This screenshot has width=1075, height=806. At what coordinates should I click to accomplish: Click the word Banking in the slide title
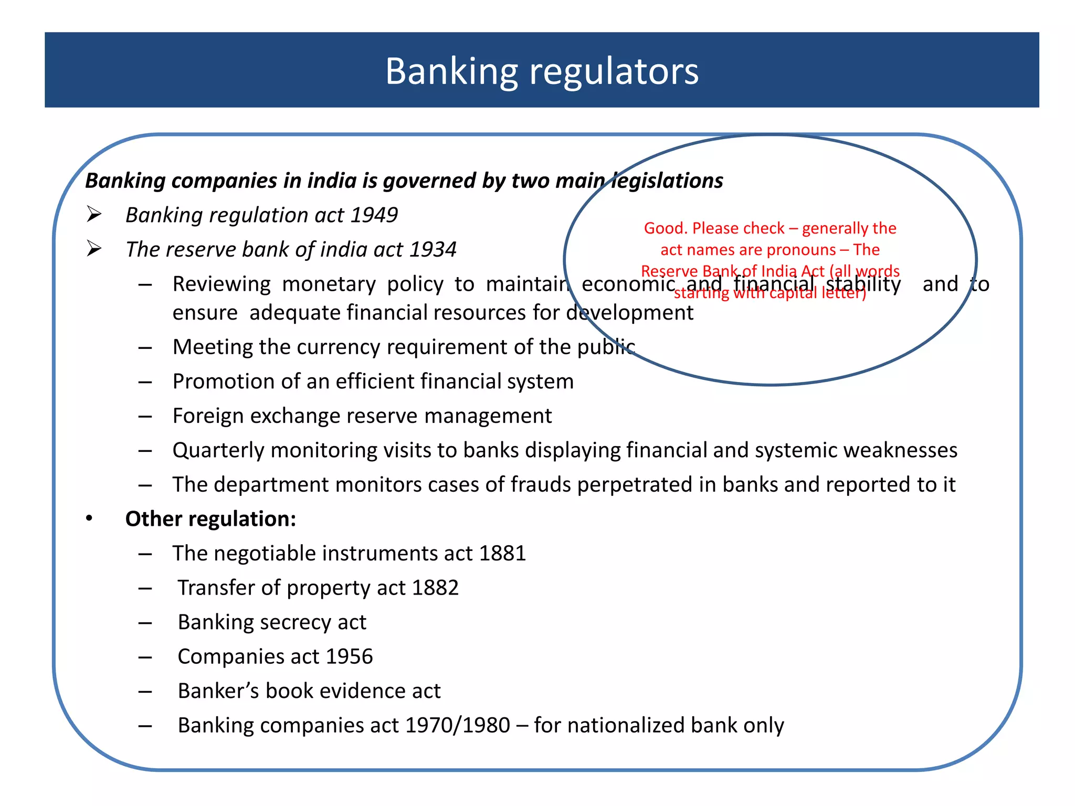pos(451,71)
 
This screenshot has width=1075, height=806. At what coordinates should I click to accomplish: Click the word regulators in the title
pos(614,71)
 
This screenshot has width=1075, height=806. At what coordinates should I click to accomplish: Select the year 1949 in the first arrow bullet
pos(374,215)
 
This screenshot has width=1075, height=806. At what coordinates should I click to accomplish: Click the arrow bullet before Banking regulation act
pos(94,215)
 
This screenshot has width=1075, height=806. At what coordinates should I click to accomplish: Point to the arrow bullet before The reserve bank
pos(94,249)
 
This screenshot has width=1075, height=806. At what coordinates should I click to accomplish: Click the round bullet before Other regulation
pos(89,519)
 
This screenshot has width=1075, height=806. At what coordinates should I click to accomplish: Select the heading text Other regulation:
pos(210,519)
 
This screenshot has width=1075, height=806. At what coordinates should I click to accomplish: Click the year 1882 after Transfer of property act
pos(435,588)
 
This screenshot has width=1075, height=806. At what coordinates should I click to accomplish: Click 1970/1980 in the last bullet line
pos(457,725)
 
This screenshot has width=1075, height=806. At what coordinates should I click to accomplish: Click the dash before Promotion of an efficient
pos(145,382)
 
